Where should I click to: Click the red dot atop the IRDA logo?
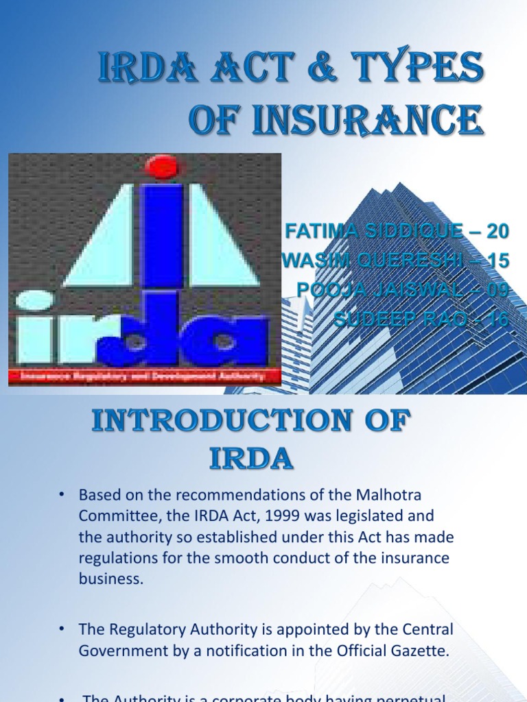pyautogui.click(x=163, y=167)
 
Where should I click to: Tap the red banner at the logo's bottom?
pyautogui.click(x=145, y=376)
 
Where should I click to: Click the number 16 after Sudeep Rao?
pyautogui.click(x=497, y=319)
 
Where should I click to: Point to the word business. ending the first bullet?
pyautogui.click(x=111, y=578)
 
